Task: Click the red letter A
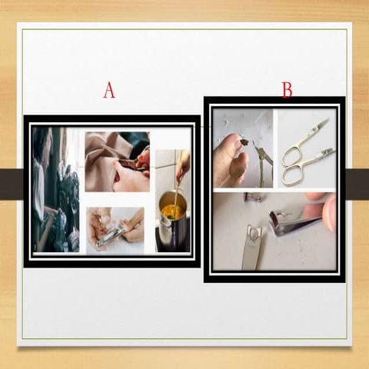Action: point(109,91)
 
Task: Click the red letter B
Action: point(287,91)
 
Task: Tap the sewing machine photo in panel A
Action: point(55,189)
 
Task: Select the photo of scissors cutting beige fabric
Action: point(117,161)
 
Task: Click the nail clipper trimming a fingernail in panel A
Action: point(112,234)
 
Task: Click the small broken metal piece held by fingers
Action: point(242,141)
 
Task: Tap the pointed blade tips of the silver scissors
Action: point(323,123)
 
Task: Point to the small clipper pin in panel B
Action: point(251,198)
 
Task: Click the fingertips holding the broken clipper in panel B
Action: point(327,211)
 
